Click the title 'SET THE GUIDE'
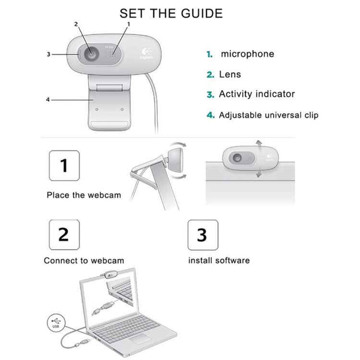point(171,13)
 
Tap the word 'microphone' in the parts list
point(247,54)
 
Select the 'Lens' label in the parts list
point(230,74)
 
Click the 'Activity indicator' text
point(257,94)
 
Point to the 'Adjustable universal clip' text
point(268,115)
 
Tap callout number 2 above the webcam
point(76,25)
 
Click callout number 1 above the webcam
point(127,24)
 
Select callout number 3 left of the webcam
point(48,55)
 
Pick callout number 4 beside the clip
point(47,100)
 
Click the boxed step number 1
point(64,166)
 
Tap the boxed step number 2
point(64,234)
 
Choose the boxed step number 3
point(202,234)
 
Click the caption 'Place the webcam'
point(84,196)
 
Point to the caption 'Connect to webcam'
point(84,261)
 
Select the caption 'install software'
point(219,261)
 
